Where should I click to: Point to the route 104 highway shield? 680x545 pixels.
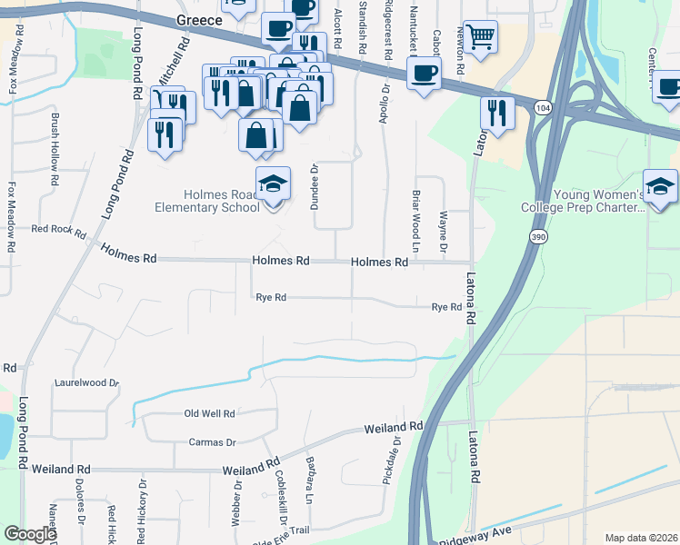543,107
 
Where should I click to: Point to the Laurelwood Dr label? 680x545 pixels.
86,383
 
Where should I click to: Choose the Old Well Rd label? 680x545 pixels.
209,413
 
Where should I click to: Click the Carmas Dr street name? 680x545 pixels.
212,442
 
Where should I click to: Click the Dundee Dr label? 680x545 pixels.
315,187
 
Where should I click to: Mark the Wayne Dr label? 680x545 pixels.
444,232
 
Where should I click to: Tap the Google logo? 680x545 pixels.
30,534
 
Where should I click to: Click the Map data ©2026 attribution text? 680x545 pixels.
640,538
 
